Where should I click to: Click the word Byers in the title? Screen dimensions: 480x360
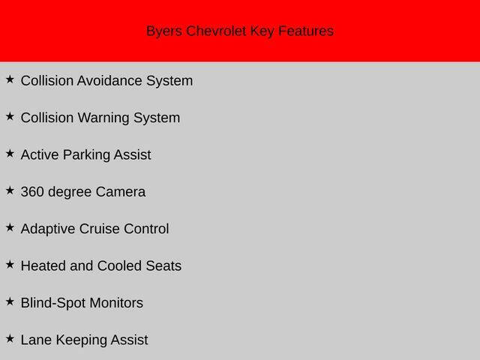164,31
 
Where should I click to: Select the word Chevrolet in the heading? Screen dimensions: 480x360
216,31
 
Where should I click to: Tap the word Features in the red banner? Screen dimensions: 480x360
306,31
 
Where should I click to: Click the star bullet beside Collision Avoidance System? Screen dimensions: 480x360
10,79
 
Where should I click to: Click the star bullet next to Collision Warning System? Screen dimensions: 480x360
10,116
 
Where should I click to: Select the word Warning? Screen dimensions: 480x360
103,118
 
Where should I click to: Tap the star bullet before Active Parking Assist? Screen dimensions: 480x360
10,153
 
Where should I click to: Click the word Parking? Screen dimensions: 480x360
86,155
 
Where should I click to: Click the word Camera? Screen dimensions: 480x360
121,192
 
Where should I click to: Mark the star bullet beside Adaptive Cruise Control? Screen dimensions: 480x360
10,227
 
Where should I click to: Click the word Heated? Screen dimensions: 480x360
43,266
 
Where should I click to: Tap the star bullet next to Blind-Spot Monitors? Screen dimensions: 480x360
10,301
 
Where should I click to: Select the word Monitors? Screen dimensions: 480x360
116,303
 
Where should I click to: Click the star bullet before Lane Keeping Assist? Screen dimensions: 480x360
10,338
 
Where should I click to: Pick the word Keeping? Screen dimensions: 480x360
81,340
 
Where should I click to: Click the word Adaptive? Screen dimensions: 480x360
48,229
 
